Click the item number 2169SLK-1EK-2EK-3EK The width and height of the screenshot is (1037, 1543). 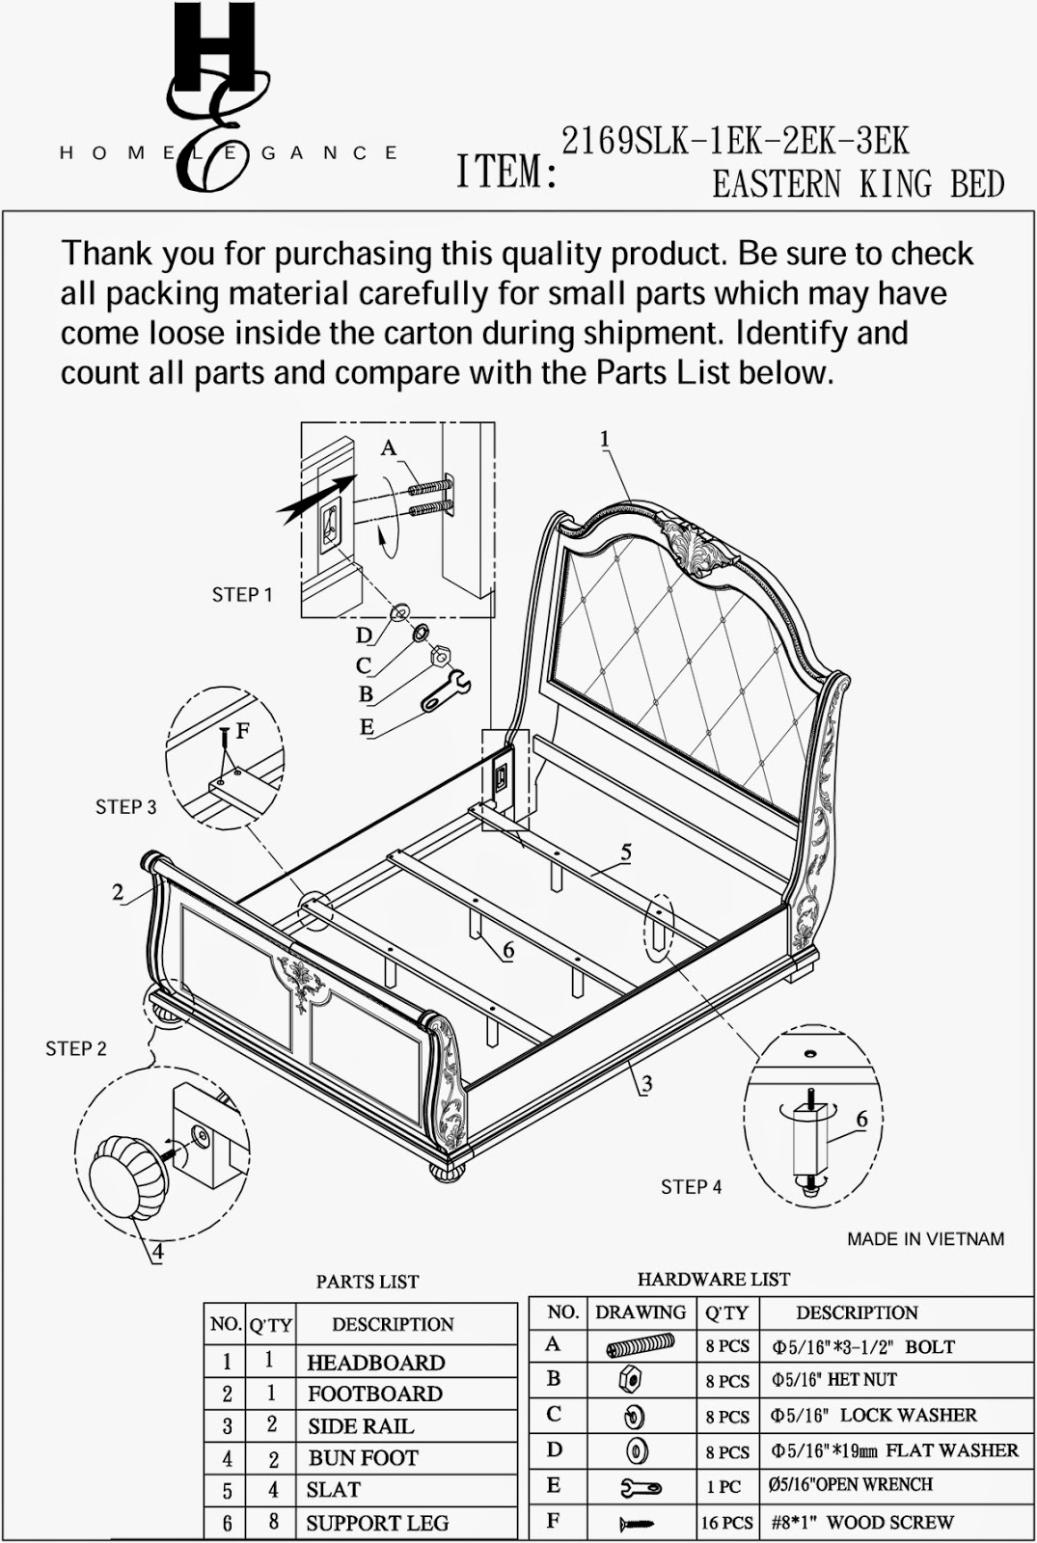point(735,142)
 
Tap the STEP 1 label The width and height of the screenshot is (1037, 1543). point(242,595)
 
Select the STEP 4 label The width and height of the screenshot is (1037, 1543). point(691,1187)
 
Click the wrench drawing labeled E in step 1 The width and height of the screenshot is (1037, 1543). point(445,691)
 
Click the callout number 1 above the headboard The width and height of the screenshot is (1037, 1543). point(605,440)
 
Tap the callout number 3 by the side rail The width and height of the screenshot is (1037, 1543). point(646,1084)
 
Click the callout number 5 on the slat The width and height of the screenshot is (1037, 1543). point(626,853)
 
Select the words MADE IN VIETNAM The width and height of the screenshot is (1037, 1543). point(925,1239)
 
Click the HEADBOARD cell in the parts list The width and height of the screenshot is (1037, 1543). point(375,1363)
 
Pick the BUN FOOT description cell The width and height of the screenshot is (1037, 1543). point(363,1458)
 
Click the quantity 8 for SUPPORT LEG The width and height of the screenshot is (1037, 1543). point(273,1522)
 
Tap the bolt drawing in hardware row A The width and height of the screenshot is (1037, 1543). point(640,1346)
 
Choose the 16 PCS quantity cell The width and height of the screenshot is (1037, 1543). point(726,1523)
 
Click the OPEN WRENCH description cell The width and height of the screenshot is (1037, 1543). point(851,1485)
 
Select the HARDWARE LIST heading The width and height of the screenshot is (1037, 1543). point(713,1280)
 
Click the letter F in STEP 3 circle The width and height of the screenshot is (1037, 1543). point(242,731)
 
